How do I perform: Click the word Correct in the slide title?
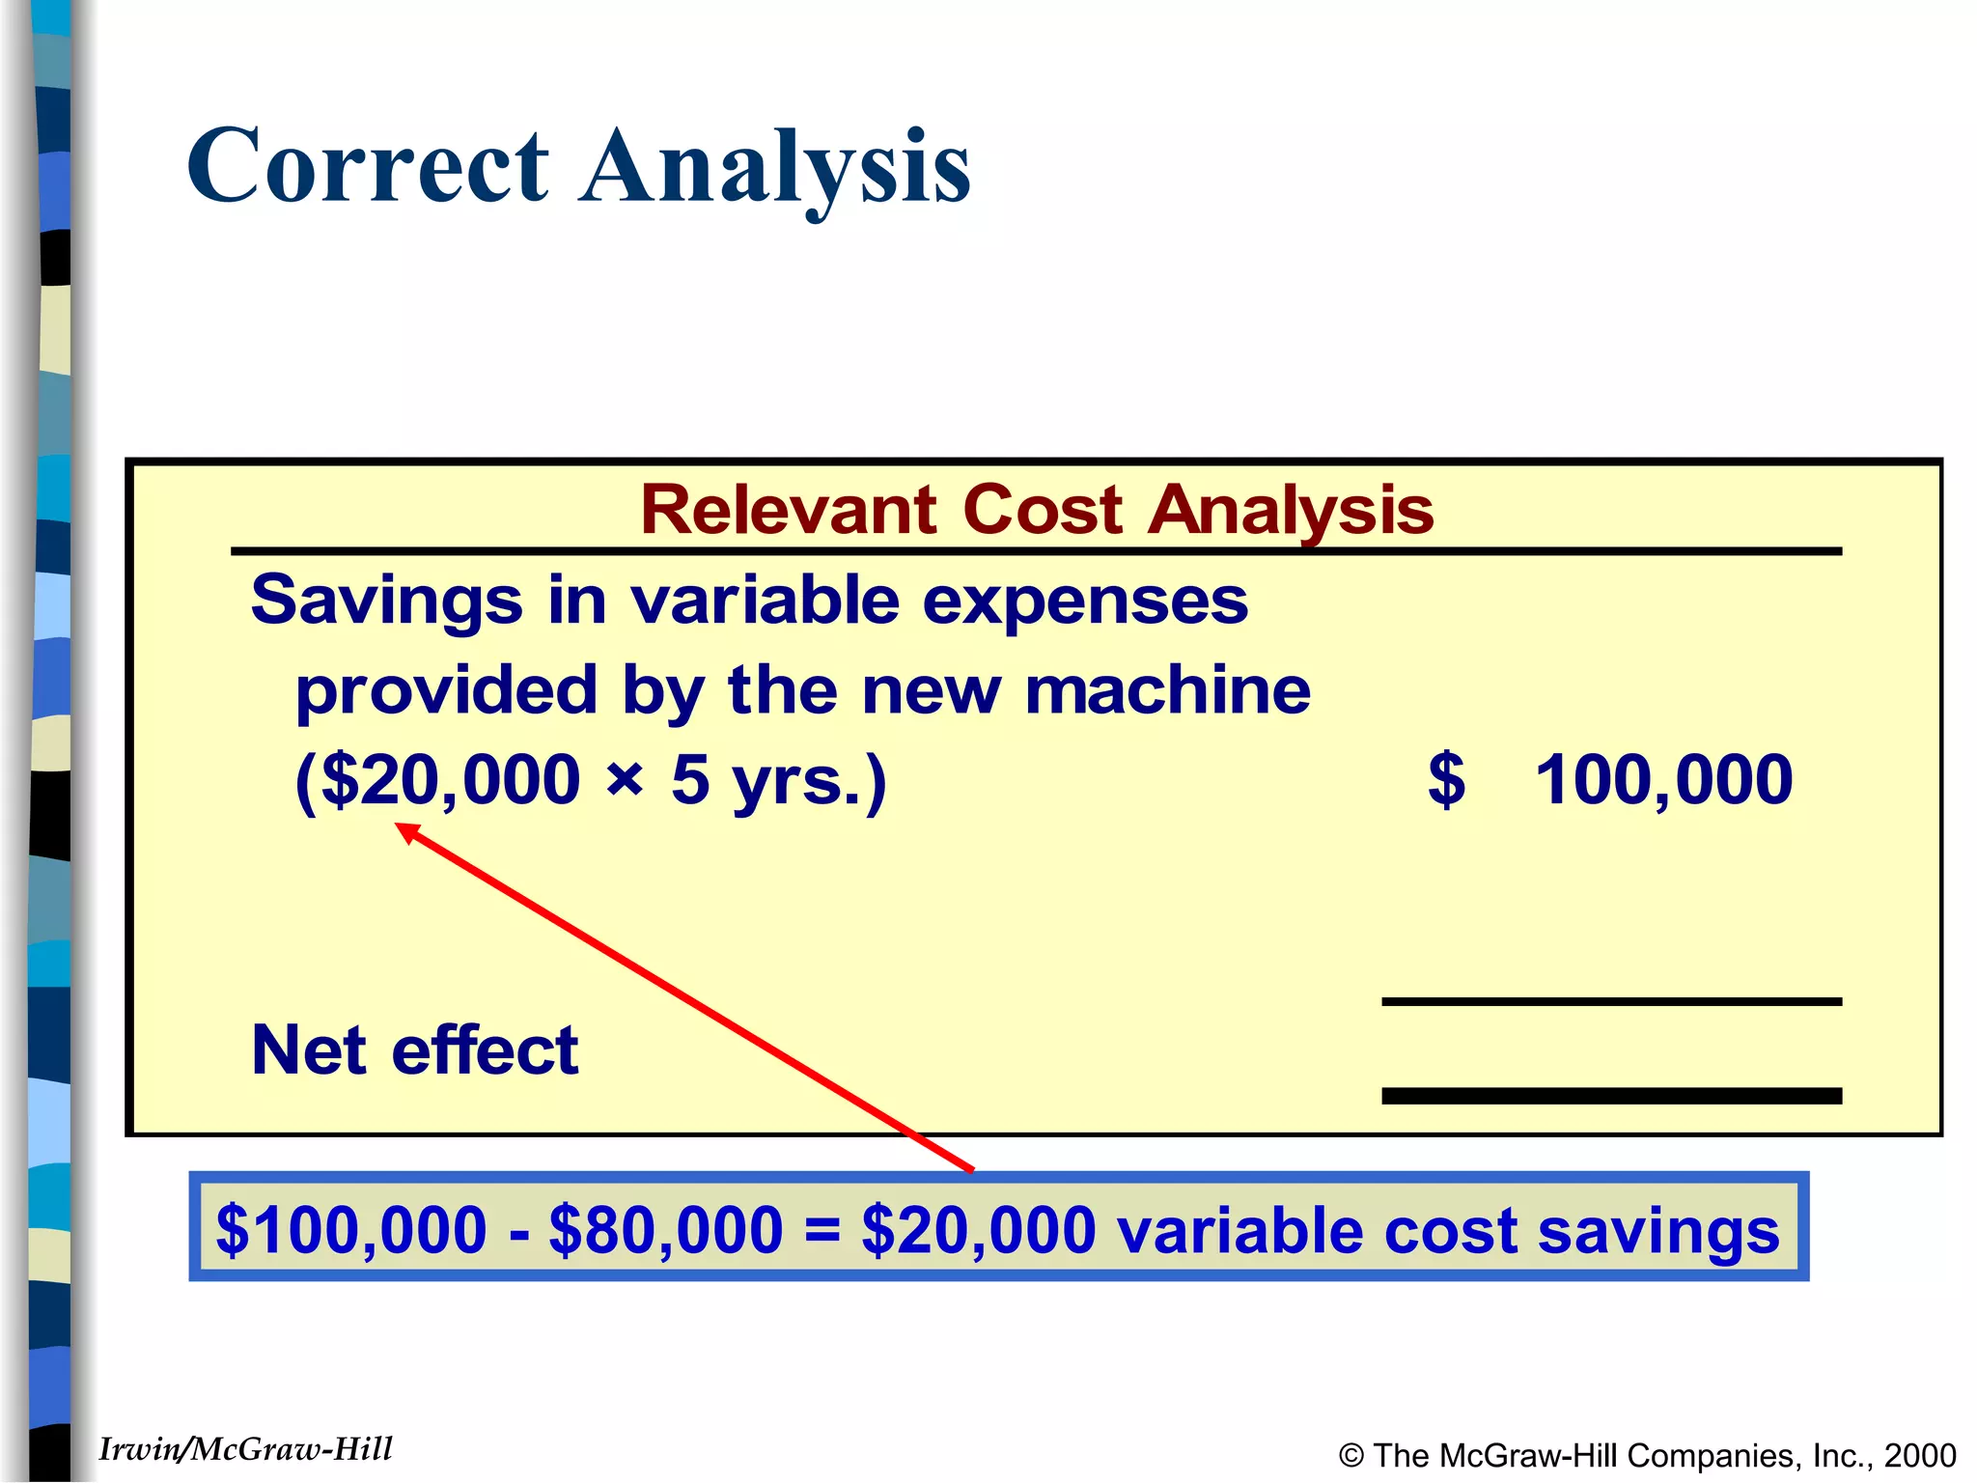tap(369, 166)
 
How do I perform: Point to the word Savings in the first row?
tap(386, 601)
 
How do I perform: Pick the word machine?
tap(1168, 690)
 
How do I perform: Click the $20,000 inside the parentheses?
tap(450, 780)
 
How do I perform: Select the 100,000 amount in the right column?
tap(1663, 780)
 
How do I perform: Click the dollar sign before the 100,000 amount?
tap(1446, 780)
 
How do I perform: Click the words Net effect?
tap(415, 1050)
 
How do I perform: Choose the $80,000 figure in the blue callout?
tap(665, 1230)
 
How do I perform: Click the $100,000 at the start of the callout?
tap(351, 1230)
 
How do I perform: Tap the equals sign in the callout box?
tap(821, 1231)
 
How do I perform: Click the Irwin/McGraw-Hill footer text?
tap(246, 1449)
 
